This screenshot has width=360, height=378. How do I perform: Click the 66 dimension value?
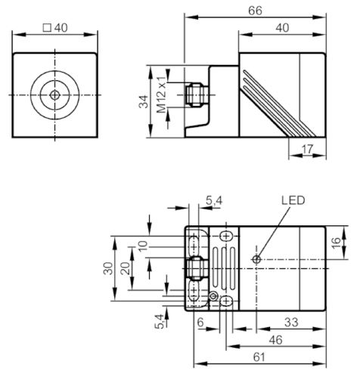click(255, 11)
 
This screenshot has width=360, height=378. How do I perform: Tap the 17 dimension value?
click(307, 149)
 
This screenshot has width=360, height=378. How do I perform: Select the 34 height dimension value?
click(144, 101)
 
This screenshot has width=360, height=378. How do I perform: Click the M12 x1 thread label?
click(162, 94)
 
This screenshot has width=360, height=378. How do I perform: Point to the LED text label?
click(293, 200)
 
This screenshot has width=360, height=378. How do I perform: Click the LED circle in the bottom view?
click(256, 259)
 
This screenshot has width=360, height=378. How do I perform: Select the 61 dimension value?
click(259, 357)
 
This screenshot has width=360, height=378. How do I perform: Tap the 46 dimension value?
click(275, 340)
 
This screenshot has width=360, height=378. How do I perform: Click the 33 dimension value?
click(291, 322)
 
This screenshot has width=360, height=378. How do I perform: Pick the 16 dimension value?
click(336, 243)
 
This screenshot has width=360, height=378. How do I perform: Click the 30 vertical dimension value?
click(108, 268)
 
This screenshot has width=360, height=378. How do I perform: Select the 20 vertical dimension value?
click(126, 268)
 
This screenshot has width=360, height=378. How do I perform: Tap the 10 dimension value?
click(143, 246)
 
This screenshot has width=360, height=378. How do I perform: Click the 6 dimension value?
click(200, 322)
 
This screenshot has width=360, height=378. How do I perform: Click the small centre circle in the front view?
click(54, 95)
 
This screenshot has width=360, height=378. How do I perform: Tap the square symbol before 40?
click(47, 28)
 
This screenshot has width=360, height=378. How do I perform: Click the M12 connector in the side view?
click(197, 95)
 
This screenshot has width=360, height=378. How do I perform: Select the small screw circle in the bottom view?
click(213, 296)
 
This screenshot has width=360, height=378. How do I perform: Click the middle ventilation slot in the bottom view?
click(224, 268)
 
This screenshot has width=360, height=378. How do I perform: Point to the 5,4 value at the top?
click(214, 200)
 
